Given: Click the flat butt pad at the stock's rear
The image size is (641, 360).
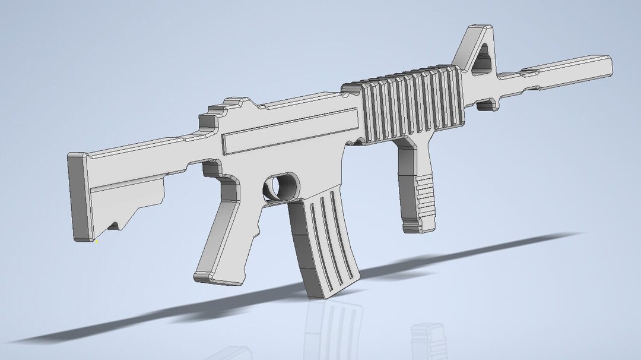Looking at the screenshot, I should [78, 196].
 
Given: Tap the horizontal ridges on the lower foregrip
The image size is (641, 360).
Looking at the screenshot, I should [425, 199].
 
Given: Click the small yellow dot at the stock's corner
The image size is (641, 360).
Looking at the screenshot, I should [96, 241].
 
